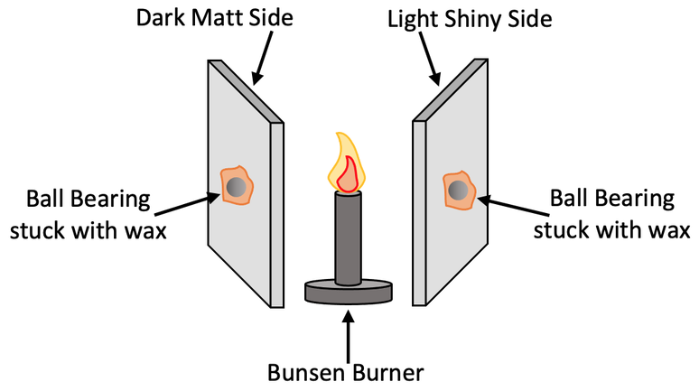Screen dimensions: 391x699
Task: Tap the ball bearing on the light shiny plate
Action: [459, 191]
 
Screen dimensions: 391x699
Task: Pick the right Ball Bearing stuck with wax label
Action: [604, 214]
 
